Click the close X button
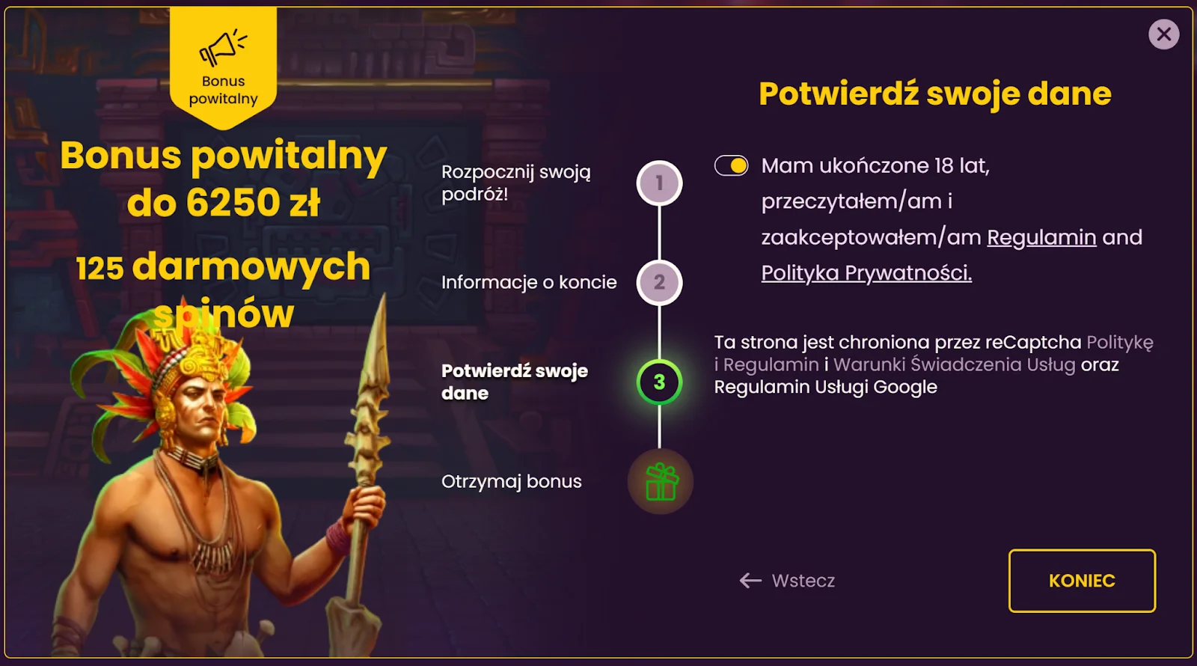pyautogui.click(x=1163, y=34)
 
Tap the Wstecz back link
pyautogui.click(x=787, y=581)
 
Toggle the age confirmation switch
pyautogui.click(x=731, y=165)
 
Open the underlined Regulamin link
pyautogui.click(x=1041, y=237)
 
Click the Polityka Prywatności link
pyautogui.click(x=866, y=273)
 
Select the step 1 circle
pyautogui.click(x=659, y=183)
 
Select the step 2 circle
pyautogui.click(x=659, y=282)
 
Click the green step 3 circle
pyautogui.click(x=659, y=382)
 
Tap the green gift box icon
pyautogui.click(x=661, y=482)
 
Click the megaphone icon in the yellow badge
pyautogui.click(x=222, y=47)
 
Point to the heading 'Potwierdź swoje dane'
pyautogui.click(x=935, y=94)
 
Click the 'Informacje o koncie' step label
pyautogui.click(x=529, y=282)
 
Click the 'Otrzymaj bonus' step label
pyautogui.click(x=512, y=482)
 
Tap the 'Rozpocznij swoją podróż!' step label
pyautogui.click(x=516, y=183)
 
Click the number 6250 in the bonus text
pyautogui.click(x=233, y=203)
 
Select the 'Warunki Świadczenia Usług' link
pyautogui.click(x=955, y=364)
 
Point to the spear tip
pyautogui.click(x=384, y=295)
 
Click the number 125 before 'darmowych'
pyautogui.click(x=100, y=268)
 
